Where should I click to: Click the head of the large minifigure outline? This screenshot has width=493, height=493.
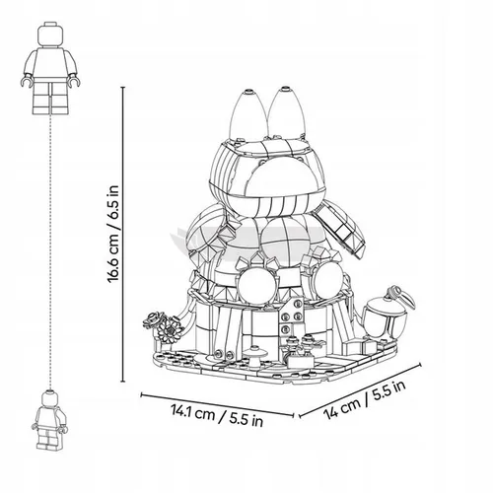click(x=50, y=35)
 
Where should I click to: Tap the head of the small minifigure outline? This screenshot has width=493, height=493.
click(x=50, y=398)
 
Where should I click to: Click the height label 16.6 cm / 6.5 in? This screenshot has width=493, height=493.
click(x=112, y=234)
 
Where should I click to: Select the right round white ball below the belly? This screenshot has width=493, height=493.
click(x=326, y=279)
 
